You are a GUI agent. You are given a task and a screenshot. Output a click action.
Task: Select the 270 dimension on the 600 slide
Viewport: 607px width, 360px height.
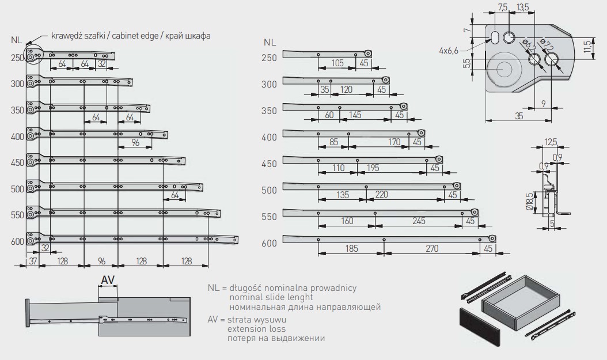pos(432,248)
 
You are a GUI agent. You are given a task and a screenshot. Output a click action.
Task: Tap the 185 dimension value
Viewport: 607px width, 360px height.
pos(351,248)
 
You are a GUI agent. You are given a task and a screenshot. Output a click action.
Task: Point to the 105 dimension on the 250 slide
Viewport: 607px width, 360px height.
pos(337,63)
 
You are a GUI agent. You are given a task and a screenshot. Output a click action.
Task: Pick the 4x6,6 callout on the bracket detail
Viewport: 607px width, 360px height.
pos(448,51)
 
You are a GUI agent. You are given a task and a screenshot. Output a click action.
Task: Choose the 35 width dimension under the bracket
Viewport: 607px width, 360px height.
pos(519,116)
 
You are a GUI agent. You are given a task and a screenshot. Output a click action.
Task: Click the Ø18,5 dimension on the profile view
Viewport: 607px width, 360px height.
pos(535,202)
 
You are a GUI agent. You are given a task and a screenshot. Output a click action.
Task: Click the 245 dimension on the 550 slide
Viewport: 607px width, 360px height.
pos(419,221)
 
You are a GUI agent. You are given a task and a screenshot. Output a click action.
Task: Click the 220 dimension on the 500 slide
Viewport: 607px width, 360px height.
pos(381,195)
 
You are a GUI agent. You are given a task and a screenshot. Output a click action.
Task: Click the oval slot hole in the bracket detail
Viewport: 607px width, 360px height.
pos(495,37)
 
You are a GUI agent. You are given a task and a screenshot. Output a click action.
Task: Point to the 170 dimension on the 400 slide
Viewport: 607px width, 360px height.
pos(394,141)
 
